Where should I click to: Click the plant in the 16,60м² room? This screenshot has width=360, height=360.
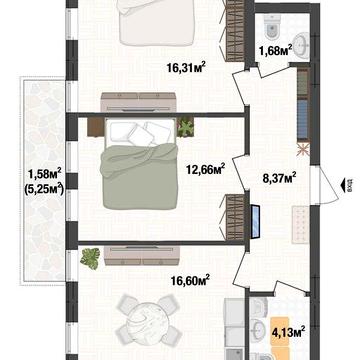pyautogui.click(x=90, y=258)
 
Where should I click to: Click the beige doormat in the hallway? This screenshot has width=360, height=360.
pyautogui.click(x=298, y=221)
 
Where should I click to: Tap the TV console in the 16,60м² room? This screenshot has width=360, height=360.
pyautogui.click(x=140, y=248)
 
